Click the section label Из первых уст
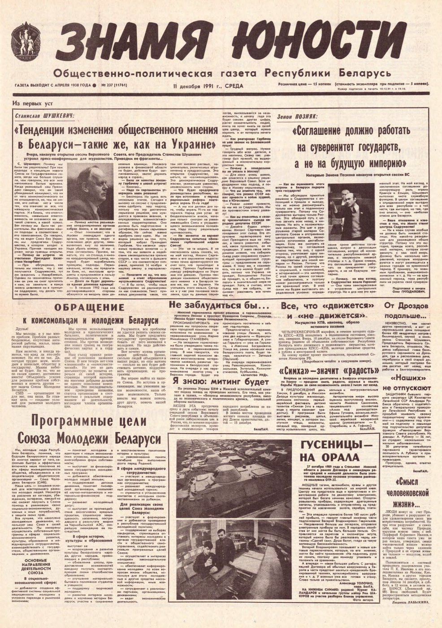pos(33,103)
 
